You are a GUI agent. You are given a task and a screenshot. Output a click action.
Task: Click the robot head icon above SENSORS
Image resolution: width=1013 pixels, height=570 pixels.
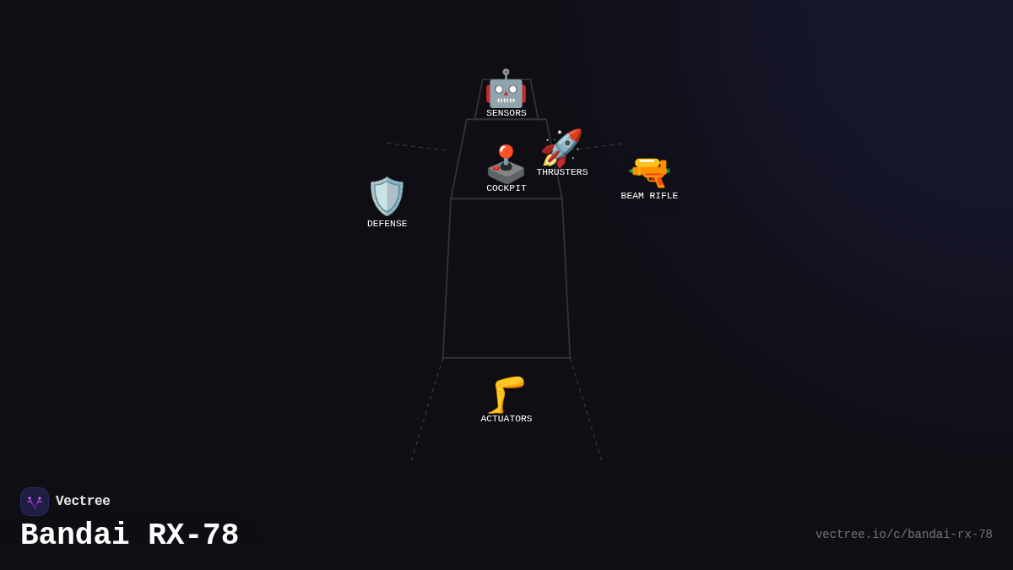tap(506, 89)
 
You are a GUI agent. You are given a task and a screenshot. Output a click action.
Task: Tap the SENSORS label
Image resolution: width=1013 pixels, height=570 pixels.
tap(506, 113)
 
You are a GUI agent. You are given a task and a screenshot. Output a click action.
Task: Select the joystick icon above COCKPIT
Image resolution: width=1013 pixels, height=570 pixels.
tap(506, 164)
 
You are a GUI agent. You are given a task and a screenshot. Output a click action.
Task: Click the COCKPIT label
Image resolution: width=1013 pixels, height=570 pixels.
tap(506, 188)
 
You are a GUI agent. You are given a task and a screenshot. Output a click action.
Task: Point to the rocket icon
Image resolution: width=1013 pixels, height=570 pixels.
tap(562, 148)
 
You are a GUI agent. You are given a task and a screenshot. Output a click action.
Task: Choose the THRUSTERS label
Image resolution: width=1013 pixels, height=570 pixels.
tap(562, 172)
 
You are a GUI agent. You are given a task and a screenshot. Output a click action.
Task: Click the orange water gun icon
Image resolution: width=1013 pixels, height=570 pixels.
tap(649, 172)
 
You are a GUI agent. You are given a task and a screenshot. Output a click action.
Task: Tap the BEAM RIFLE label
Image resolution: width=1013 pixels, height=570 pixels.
tap(649, 196)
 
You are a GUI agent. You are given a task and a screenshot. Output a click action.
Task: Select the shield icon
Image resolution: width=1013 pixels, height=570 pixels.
tap(387, 196)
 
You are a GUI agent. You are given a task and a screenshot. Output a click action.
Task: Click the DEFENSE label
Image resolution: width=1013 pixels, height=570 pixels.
tap(387, 224)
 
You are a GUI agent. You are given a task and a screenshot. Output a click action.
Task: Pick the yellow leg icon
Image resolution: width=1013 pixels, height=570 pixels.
tap(506, 395)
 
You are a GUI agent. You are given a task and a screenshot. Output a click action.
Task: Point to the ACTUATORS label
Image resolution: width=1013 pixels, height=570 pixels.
tap(506, 419)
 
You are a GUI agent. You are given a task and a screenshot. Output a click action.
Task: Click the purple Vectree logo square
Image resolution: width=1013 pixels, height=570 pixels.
tap(35, 502)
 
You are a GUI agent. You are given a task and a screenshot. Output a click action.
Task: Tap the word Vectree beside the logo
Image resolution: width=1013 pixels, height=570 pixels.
tap(83, 501)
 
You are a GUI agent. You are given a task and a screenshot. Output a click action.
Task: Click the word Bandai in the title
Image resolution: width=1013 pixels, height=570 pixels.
tap(74, 535)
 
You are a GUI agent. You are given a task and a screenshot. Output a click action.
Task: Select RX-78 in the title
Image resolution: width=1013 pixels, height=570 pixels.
tap(193, 535)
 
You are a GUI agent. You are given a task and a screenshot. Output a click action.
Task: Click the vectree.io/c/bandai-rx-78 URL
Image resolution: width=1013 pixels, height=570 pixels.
tap(903, 535)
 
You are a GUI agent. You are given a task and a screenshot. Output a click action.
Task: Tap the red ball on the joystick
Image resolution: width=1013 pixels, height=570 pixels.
tap(506, 151)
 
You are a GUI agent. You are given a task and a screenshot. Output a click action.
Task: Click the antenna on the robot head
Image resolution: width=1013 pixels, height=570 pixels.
tap(506, 73)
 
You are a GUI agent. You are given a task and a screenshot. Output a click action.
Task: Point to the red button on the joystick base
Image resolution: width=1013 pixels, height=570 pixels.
tap(496, 168)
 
